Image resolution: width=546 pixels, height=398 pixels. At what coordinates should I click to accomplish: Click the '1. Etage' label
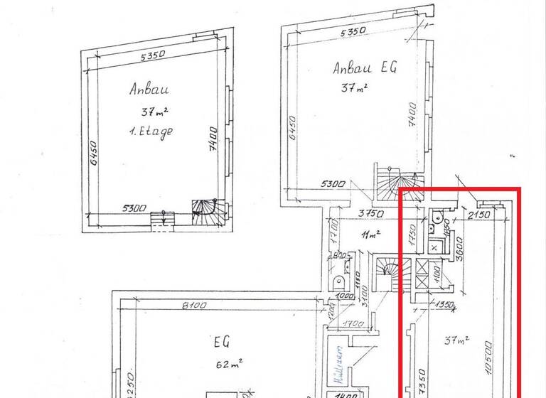click(x=151, y=132)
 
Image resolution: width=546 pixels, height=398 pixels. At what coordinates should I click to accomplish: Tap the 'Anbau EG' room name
click(x=365, y=68)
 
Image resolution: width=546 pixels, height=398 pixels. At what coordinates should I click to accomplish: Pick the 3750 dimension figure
click(x=370, y=213)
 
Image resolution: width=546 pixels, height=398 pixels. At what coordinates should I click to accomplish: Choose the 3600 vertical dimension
click(x=460, y=249)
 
